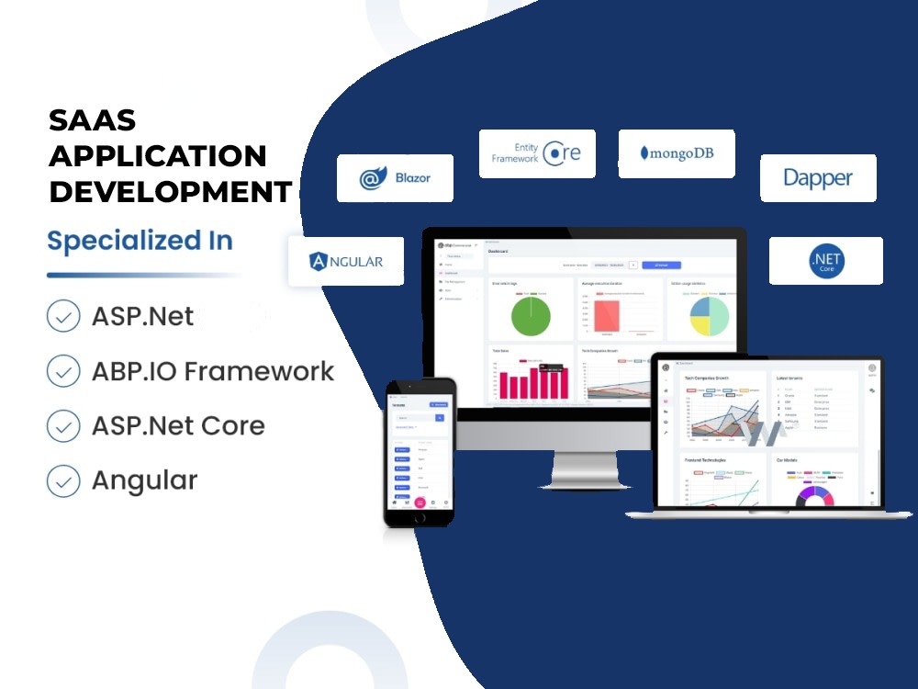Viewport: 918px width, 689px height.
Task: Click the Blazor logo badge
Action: pos(395,178)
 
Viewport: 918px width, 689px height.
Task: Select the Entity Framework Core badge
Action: pos(537,153)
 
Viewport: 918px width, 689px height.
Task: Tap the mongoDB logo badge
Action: pos(677,153)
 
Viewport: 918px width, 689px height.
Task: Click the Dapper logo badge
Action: pos(817,177)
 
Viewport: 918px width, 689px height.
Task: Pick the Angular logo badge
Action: pos(347,261)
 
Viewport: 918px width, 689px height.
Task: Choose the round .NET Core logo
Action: pos(826,261)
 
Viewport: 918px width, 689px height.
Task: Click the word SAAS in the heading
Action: pos(92,120)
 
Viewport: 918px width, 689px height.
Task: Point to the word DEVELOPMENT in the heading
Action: pos(171,192)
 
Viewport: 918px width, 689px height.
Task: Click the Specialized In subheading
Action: pos(140,241)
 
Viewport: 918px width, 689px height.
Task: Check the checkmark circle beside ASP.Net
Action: pos(63,317)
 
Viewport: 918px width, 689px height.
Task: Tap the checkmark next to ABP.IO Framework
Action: pos(63,371)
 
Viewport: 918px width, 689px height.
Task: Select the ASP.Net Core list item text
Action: pos(178,426)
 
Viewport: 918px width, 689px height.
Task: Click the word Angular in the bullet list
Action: pos(144,480)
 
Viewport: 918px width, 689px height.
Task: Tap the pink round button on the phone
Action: pos(420,503)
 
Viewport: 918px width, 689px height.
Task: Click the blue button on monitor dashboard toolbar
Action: pos(661,265)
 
